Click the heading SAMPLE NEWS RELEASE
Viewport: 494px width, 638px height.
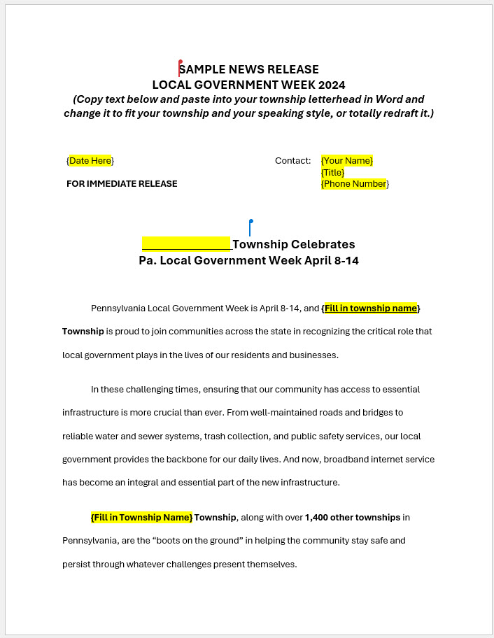point(249,69)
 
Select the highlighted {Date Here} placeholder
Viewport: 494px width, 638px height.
point(90,161)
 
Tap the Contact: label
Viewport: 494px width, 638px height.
point(292,161)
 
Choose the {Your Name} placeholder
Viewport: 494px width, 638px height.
point(347,161)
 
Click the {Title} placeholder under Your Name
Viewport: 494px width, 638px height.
point(333,172)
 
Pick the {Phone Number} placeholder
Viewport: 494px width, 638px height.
point(355,184)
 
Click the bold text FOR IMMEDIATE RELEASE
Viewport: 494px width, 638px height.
point(122,184)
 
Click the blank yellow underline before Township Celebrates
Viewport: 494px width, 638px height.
point(187,244)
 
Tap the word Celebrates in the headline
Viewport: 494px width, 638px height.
point(323,244)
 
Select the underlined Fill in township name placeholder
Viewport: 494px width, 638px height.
point(370,308)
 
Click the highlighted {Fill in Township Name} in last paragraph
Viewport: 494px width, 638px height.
point(141,518)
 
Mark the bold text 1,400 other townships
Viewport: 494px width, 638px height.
point(353,518)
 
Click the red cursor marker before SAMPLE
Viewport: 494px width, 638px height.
point(180,67)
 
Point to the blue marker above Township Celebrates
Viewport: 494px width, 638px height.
point(250,227)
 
